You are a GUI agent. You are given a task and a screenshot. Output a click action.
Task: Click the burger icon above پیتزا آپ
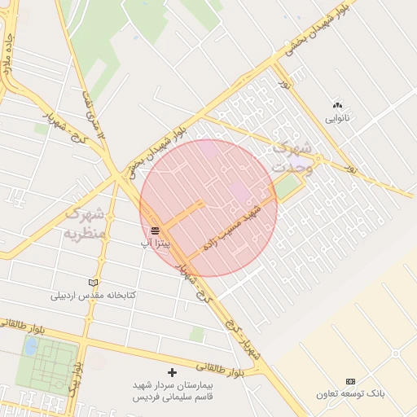click(155, 231)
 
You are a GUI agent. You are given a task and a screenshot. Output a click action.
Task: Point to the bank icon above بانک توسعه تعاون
click(350, 381)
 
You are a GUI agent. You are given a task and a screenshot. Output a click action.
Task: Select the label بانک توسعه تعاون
click(350, 393)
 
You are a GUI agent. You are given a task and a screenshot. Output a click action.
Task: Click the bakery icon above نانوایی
click(337, 106)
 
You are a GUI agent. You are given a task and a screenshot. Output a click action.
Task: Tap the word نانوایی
click(337, 118)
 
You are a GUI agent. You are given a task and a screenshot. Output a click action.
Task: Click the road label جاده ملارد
click(9, 55)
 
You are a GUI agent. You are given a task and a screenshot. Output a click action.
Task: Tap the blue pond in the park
click(31, 347)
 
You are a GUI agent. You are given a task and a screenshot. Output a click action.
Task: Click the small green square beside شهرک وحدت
click(287, 188)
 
